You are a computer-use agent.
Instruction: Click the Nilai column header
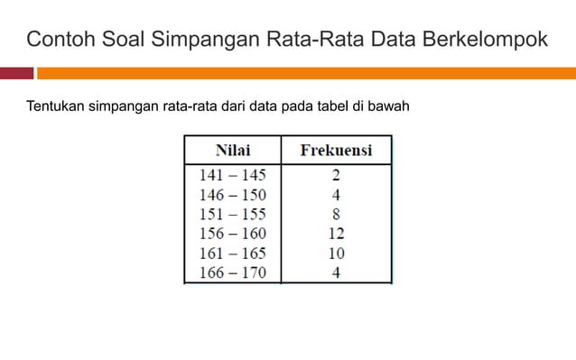click(232, 149)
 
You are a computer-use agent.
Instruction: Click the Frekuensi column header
click(336, 149)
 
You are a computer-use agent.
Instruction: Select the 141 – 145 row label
click(232, 175)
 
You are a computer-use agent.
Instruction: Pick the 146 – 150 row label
click(232, 194)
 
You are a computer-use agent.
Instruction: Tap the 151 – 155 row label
click(232, 214)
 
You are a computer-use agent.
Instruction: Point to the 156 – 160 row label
click(232, 233)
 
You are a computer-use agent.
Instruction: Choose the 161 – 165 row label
click(232, 253)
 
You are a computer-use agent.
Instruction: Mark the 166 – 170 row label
click(232, 272)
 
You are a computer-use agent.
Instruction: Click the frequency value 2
click(336, 175)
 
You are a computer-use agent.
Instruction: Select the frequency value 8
click(336, 214)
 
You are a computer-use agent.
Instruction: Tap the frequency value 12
click(336, 233)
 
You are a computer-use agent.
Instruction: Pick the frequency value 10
click(336, 253)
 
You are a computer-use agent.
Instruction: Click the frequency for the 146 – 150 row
click(336, 194)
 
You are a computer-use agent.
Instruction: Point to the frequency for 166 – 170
click(336, 272)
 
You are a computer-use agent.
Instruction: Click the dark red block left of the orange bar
click(16, 73)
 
